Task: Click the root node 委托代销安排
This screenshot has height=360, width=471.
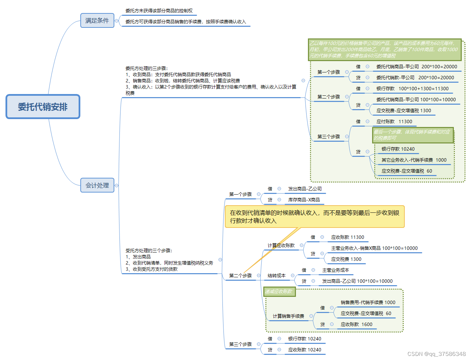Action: coord(43,107)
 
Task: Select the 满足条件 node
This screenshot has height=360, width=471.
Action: coord(97,21)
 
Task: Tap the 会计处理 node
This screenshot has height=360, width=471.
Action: coord(97,185)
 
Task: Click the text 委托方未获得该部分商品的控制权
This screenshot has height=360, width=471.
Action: coord(159,11)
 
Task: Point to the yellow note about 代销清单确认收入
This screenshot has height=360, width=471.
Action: coord(314,217)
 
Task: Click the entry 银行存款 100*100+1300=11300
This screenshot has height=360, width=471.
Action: coord(412,89)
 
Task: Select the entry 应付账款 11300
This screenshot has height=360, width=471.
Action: coord(394,121)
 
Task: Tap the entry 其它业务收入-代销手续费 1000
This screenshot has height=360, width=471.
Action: coord(414,160)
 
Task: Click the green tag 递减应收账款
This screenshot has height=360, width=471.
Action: coord(279,292)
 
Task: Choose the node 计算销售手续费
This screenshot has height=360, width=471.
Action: coord(288,316)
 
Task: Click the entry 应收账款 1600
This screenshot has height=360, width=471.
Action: coord(356,324)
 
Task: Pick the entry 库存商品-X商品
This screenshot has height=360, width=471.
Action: coord(304,200)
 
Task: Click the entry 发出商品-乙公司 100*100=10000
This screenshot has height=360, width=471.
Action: coord(357,281)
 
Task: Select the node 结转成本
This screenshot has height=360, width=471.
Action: coord(276,276)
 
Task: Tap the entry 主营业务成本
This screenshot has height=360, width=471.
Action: coord(335,270)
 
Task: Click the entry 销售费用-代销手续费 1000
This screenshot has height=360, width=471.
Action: coord(368,302)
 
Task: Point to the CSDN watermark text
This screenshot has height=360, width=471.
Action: coord(436,354)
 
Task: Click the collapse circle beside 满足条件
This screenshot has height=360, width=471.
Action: coord(116,21)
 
